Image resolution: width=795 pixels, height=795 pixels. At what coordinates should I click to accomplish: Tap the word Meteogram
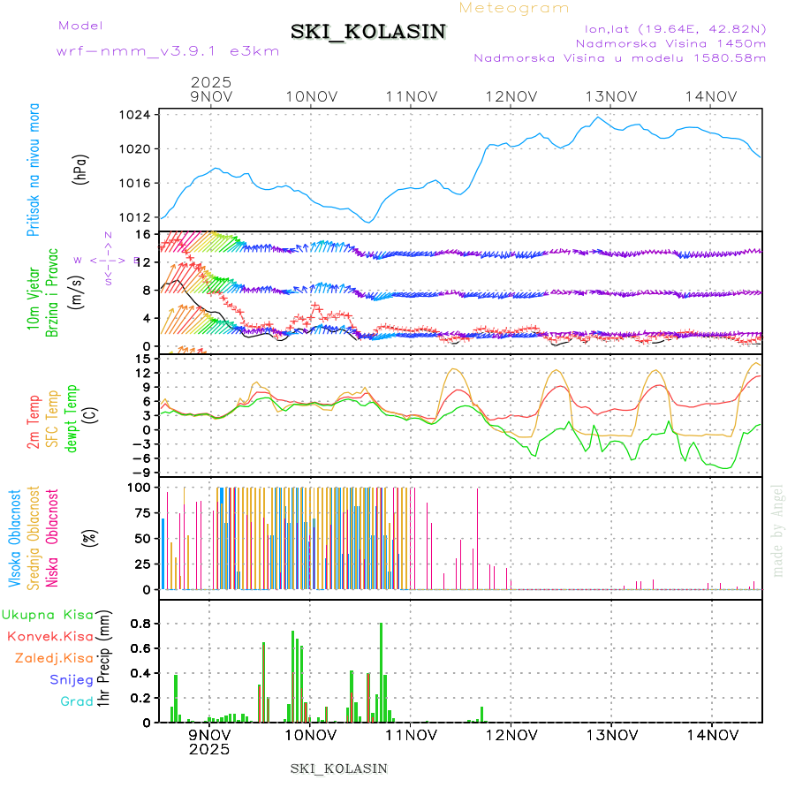tap(514, 8)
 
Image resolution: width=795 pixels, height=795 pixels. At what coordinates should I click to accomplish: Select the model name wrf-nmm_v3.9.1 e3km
tap(168, 51)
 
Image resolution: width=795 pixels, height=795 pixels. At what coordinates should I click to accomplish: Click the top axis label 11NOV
tap(411, 96)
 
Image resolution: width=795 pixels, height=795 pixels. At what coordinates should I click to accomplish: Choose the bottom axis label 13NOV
tap(611, 734)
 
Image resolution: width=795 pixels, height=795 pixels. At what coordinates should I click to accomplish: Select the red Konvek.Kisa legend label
tap(50, 636)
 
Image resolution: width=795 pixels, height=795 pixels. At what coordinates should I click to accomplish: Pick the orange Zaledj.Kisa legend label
tap(54, 658)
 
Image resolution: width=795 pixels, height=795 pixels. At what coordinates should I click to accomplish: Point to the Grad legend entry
tap(76, 702)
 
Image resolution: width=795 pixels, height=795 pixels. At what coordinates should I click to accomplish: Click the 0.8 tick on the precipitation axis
tap(140, 623)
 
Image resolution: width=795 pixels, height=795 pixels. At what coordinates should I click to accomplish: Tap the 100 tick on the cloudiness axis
tap(140, 487)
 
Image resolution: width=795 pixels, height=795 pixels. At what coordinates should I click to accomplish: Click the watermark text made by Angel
tap(778, 530)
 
